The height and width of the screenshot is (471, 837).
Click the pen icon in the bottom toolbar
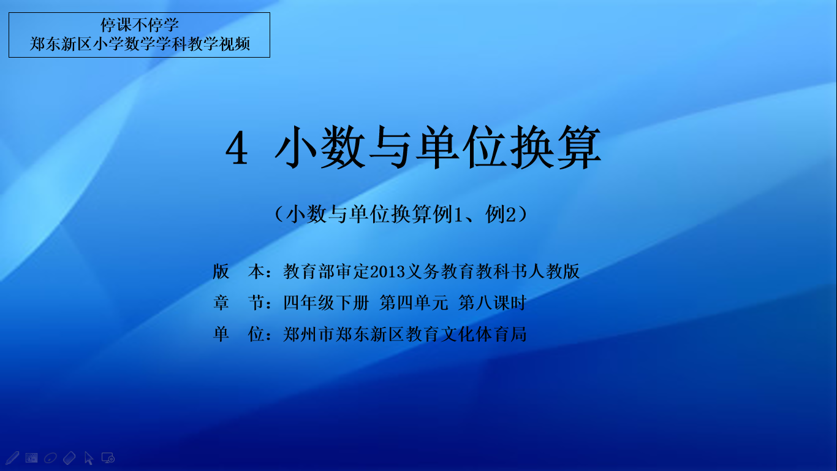pos(12,458)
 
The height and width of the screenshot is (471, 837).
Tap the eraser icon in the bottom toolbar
pos(69,458)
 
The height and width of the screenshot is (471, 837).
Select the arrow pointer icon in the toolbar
pos(89,458)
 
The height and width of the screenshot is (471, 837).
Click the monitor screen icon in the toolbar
pos(108,458)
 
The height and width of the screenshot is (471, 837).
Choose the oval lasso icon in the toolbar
pos(50,458)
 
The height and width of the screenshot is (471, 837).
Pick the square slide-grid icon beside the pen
pos(31,458)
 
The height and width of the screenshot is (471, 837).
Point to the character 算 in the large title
pos(579,147)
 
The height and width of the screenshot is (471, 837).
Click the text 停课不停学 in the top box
pos(140,25)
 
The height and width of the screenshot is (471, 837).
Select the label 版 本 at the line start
pos(238,272)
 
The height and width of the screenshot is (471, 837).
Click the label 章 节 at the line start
pos(238,303)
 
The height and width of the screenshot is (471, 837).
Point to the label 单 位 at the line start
pos(238,334)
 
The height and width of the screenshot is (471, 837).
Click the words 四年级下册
pos(326,303)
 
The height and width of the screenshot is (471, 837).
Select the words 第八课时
pos(493,303)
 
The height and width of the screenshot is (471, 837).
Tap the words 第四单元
pos(414,303)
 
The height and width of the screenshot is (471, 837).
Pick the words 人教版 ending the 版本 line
pos(554,272)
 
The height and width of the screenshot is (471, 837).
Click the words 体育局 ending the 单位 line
pos(501,334)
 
